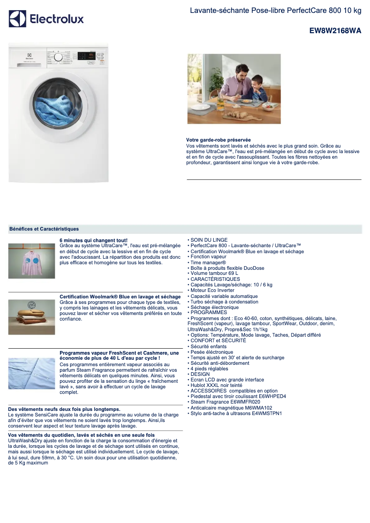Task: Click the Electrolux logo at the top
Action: click(46, 19)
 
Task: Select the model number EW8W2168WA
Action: click(335, 31)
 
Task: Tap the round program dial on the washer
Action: click(58, 57)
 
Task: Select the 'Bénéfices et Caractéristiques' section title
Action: click(44, 229)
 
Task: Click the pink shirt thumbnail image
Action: click(31, 261)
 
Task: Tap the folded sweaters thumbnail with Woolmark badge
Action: click(31, 317)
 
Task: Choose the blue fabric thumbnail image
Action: click(31, 373)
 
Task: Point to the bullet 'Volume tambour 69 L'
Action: click(214, 273)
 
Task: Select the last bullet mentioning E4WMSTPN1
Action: click(236, 413)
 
